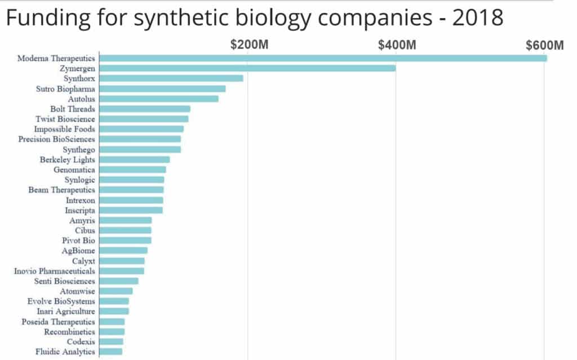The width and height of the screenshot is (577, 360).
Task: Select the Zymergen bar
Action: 247,68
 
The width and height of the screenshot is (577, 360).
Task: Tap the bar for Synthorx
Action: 171,78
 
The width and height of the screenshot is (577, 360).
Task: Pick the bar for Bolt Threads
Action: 145,109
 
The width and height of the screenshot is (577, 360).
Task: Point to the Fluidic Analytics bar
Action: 111,352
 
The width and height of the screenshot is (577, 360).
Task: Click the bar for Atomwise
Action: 116,291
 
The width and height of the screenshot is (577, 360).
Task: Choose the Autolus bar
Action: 159,99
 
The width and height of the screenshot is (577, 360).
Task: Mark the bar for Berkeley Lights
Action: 135,159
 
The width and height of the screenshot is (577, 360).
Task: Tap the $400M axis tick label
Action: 397,45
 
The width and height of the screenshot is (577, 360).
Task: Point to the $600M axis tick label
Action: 544,45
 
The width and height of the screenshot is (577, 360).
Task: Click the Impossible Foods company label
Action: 65,129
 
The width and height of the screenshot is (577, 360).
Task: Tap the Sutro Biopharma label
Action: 65,88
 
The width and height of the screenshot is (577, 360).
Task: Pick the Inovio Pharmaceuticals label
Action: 55,271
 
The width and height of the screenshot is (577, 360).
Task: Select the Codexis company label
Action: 81,341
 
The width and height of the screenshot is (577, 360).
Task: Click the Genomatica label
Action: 74,170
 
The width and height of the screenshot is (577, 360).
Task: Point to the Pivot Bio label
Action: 78,241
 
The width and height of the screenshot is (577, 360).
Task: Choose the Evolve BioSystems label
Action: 61,301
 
